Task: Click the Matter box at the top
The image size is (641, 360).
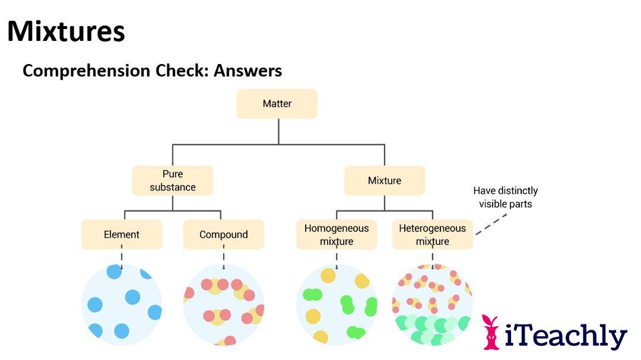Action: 277,104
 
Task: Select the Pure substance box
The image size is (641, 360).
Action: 172,180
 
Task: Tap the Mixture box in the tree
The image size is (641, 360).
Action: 385,180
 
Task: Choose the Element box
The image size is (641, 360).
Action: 122,234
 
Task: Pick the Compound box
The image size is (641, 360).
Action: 223,234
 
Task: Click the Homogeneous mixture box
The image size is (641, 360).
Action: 337,234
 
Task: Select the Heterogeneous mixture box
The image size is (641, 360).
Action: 432,234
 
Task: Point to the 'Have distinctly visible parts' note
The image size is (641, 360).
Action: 505,197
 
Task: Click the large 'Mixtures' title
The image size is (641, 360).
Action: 66,31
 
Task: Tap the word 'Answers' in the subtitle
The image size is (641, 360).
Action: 247,71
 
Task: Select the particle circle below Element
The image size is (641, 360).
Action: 122,304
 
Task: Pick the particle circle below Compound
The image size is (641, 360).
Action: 223,304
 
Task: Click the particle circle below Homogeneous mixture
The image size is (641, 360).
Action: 337,304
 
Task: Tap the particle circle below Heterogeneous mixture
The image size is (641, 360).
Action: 432,304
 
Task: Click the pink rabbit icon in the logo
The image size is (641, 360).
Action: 491,332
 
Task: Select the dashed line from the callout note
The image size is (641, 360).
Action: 491,224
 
